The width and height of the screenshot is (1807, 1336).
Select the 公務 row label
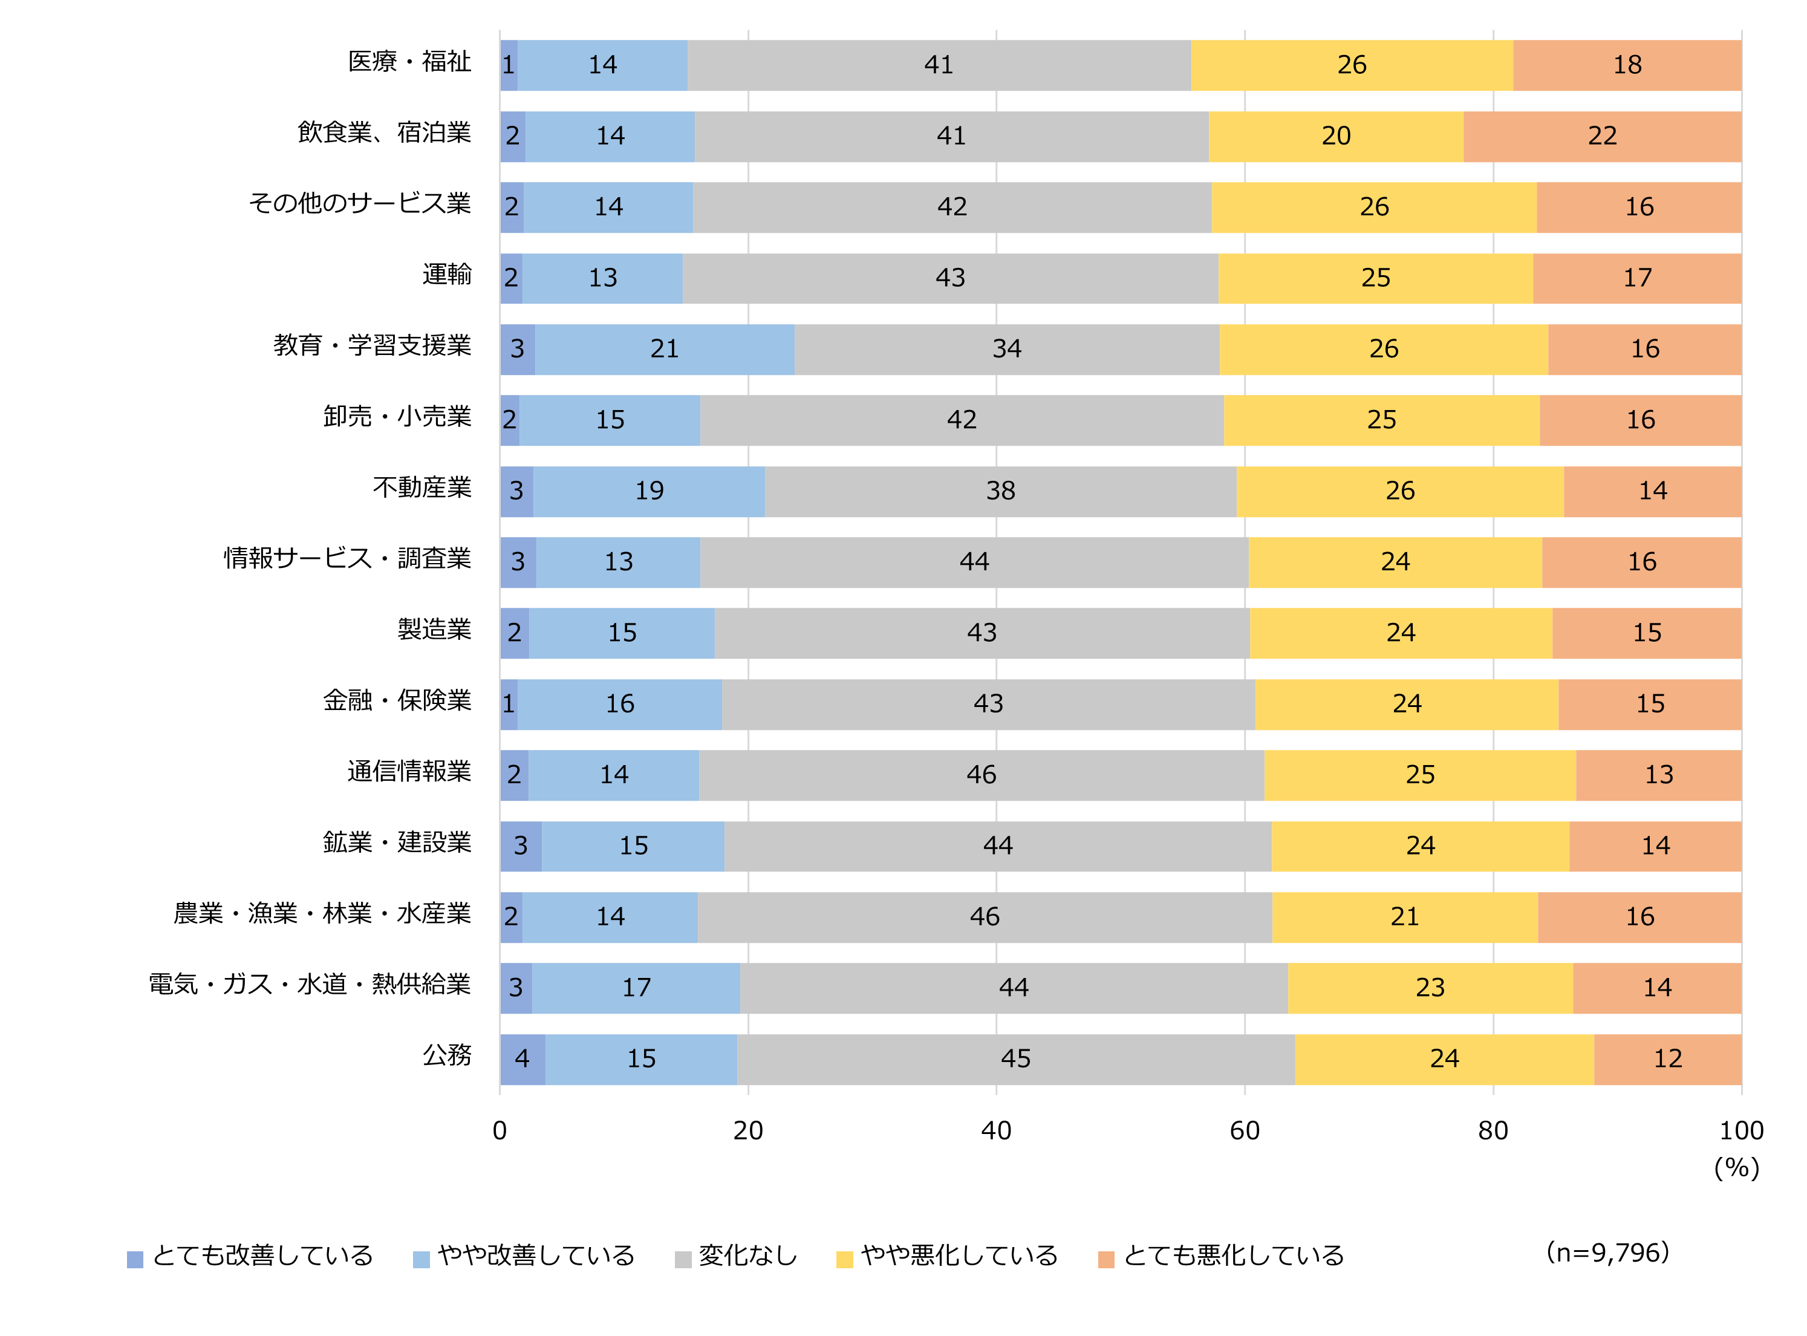tap(446, 1055)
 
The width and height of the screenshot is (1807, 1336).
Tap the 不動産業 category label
tap(422, 487)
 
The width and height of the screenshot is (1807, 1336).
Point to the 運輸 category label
tap(446, 275)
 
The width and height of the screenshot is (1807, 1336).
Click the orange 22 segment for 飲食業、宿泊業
tap(1601, 136)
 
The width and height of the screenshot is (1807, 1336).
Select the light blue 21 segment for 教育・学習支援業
tap(664, 350)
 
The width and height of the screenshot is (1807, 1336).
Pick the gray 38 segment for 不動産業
tap(1000, 491)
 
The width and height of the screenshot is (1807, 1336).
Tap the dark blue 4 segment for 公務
tap(523, 1058)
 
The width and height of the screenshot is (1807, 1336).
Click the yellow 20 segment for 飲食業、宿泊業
tap(1336, 136)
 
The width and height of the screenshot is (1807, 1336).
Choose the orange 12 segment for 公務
tap(1667, 1058)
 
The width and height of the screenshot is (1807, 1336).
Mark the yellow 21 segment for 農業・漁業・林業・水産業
tap(1404, 917)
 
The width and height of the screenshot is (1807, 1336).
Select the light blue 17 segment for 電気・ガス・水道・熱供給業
tap(636, 988)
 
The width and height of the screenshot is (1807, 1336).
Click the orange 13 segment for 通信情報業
tap(1658, 775)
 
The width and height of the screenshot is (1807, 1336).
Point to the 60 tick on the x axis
tap(1245, 1130)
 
